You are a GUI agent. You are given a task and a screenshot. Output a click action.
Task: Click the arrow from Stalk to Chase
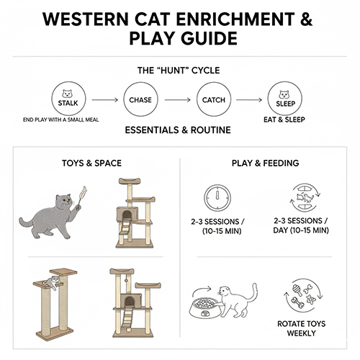103,99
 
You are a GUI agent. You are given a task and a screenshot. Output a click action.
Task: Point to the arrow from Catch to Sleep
248,99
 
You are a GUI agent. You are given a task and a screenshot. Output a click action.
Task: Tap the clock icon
219,197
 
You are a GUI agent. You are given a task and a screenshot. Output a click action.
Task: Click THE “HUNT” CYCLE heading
179,71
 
